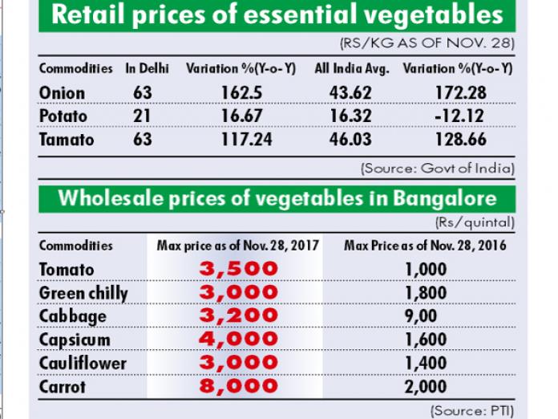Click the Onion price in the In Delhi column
point(143,93)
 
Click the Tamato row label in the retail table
point(67,140)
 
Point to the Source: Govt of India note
point(437,169)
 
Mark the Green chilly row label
point(83,293)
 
